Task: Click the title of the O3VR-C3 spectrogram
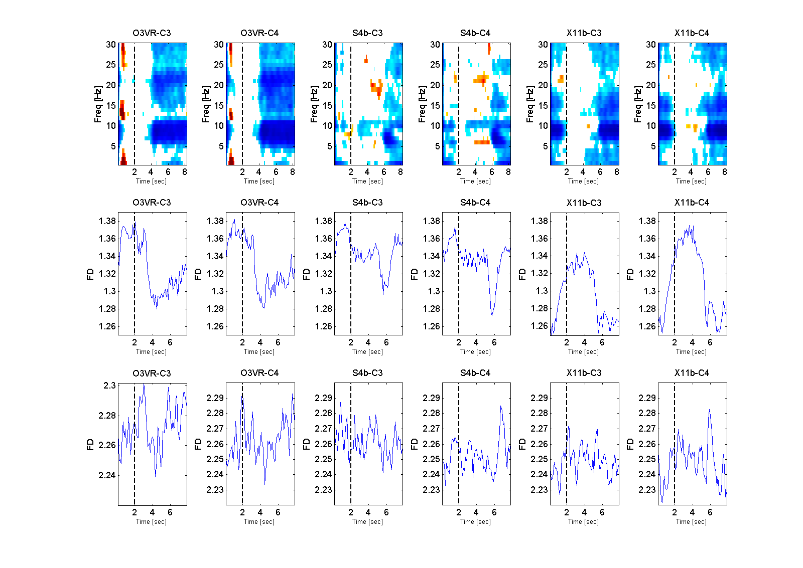[x=152, y=33]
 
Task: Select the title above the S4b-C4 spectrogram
[x=475, y=33]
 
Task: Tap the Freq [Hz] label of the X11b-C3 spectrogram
[x=530, y=104]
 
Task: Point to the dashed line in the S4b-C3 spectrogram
[x=351, y=100]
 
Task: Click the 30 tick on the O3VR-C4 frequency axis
[x=219, y=45]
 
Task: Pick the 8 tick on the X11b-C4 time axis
[x=725, y=172]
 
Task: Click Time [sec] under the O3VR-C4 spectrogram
[x=259, y=181]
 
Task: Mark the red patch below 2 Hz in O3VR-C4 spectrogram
[x=231, y=160]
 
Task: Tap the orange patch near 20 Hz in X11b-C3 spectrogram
[x=561, y=79]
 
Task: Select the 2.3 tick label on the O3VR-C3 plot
[x=109, y=386]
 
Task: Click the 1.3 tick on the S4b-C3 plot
[x=326, y=291]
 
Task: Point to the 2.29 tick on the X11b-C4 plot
[x=647, y=398]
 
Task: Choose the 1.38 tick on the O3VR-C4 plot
[x=215, y=221]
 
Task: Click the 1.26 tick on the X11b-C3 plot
[x=540, y=326]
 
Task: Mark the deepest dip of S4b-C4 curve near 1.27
[x=492, y=314]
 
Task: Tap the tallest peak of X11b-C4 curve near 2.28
[x=710, y=410]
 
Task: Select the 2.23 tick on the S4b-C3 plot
[x=324, y=490]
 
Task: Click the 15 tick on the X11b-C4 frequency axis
[x=651, y=106]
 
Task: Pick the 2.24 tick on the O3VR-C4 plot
[x=215, y=474]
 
